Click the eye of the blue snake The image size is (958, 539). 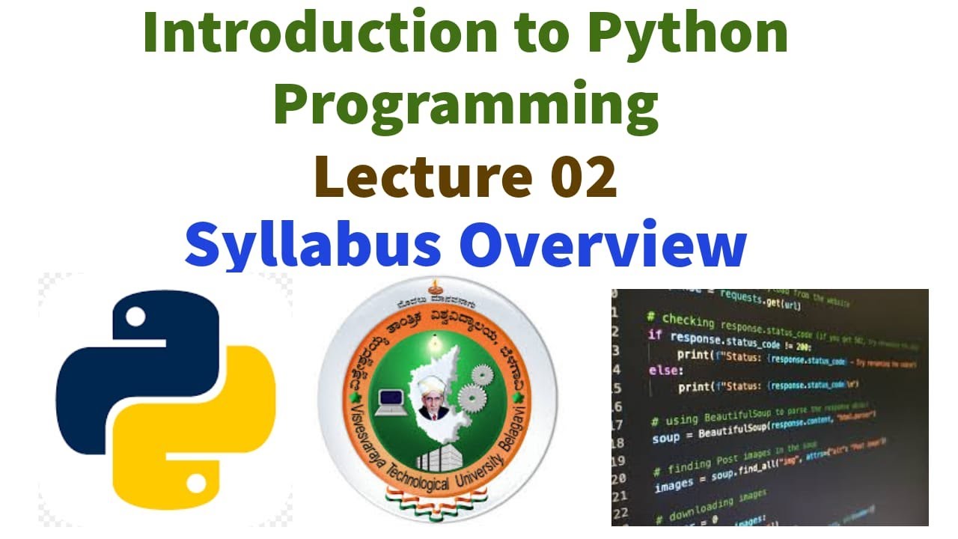coord(135,317)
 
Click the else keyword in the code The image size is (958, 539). coord(665,371)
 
